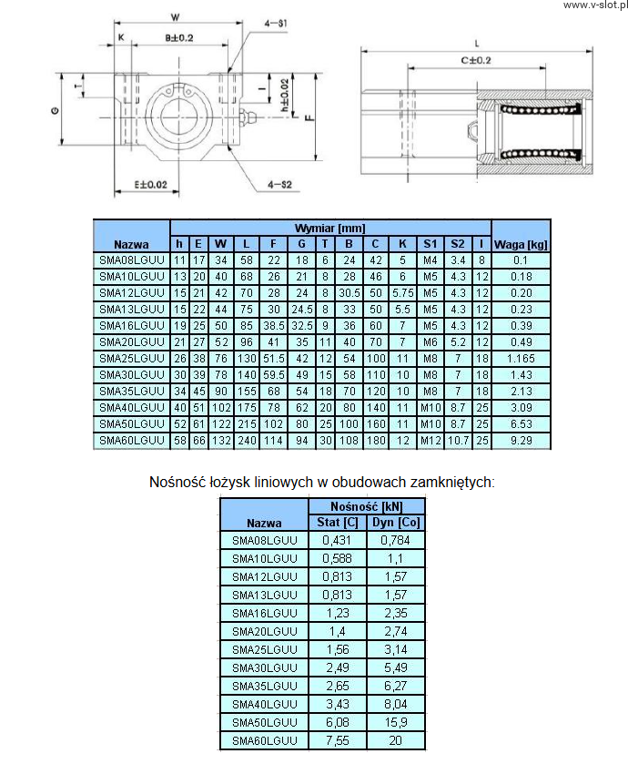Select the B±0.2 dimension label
click(171, 37)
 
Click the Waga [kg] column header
click(521, 244)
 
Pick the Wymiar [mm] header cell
click(329, 228)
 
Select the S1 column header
click(430, 244)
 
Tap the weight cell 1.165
click(521, 359)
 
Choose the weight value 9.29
click(521, 441)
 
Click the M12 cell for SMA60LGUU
click(430, 441)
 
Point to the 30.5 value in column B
click(349, 293)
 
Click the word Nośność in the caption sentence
click(176, 481)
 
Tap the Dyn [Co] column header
click(394, 523)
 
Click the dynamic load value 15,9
click(394, 722)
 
